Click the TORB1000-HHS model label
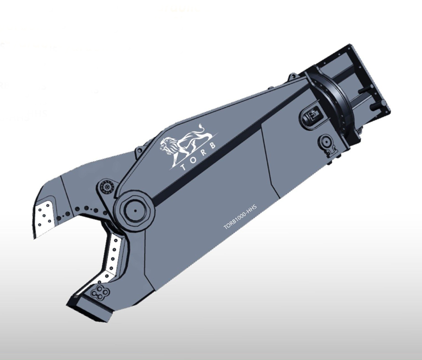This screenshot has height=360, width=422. click(240, 217)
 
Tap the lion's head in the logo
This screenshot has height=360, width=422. click(166, 145)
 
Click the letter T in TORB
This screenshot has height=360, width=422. click(183, 167)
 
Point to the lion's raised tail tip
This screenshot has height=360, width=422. click(200, 125)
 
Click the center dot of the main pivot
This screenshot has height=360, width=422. click(135, 210)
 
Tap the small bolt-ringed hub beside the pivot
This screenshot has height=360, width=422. click(107, 187)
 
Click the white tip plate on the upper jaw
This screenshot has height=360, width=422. click(45, 218)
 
